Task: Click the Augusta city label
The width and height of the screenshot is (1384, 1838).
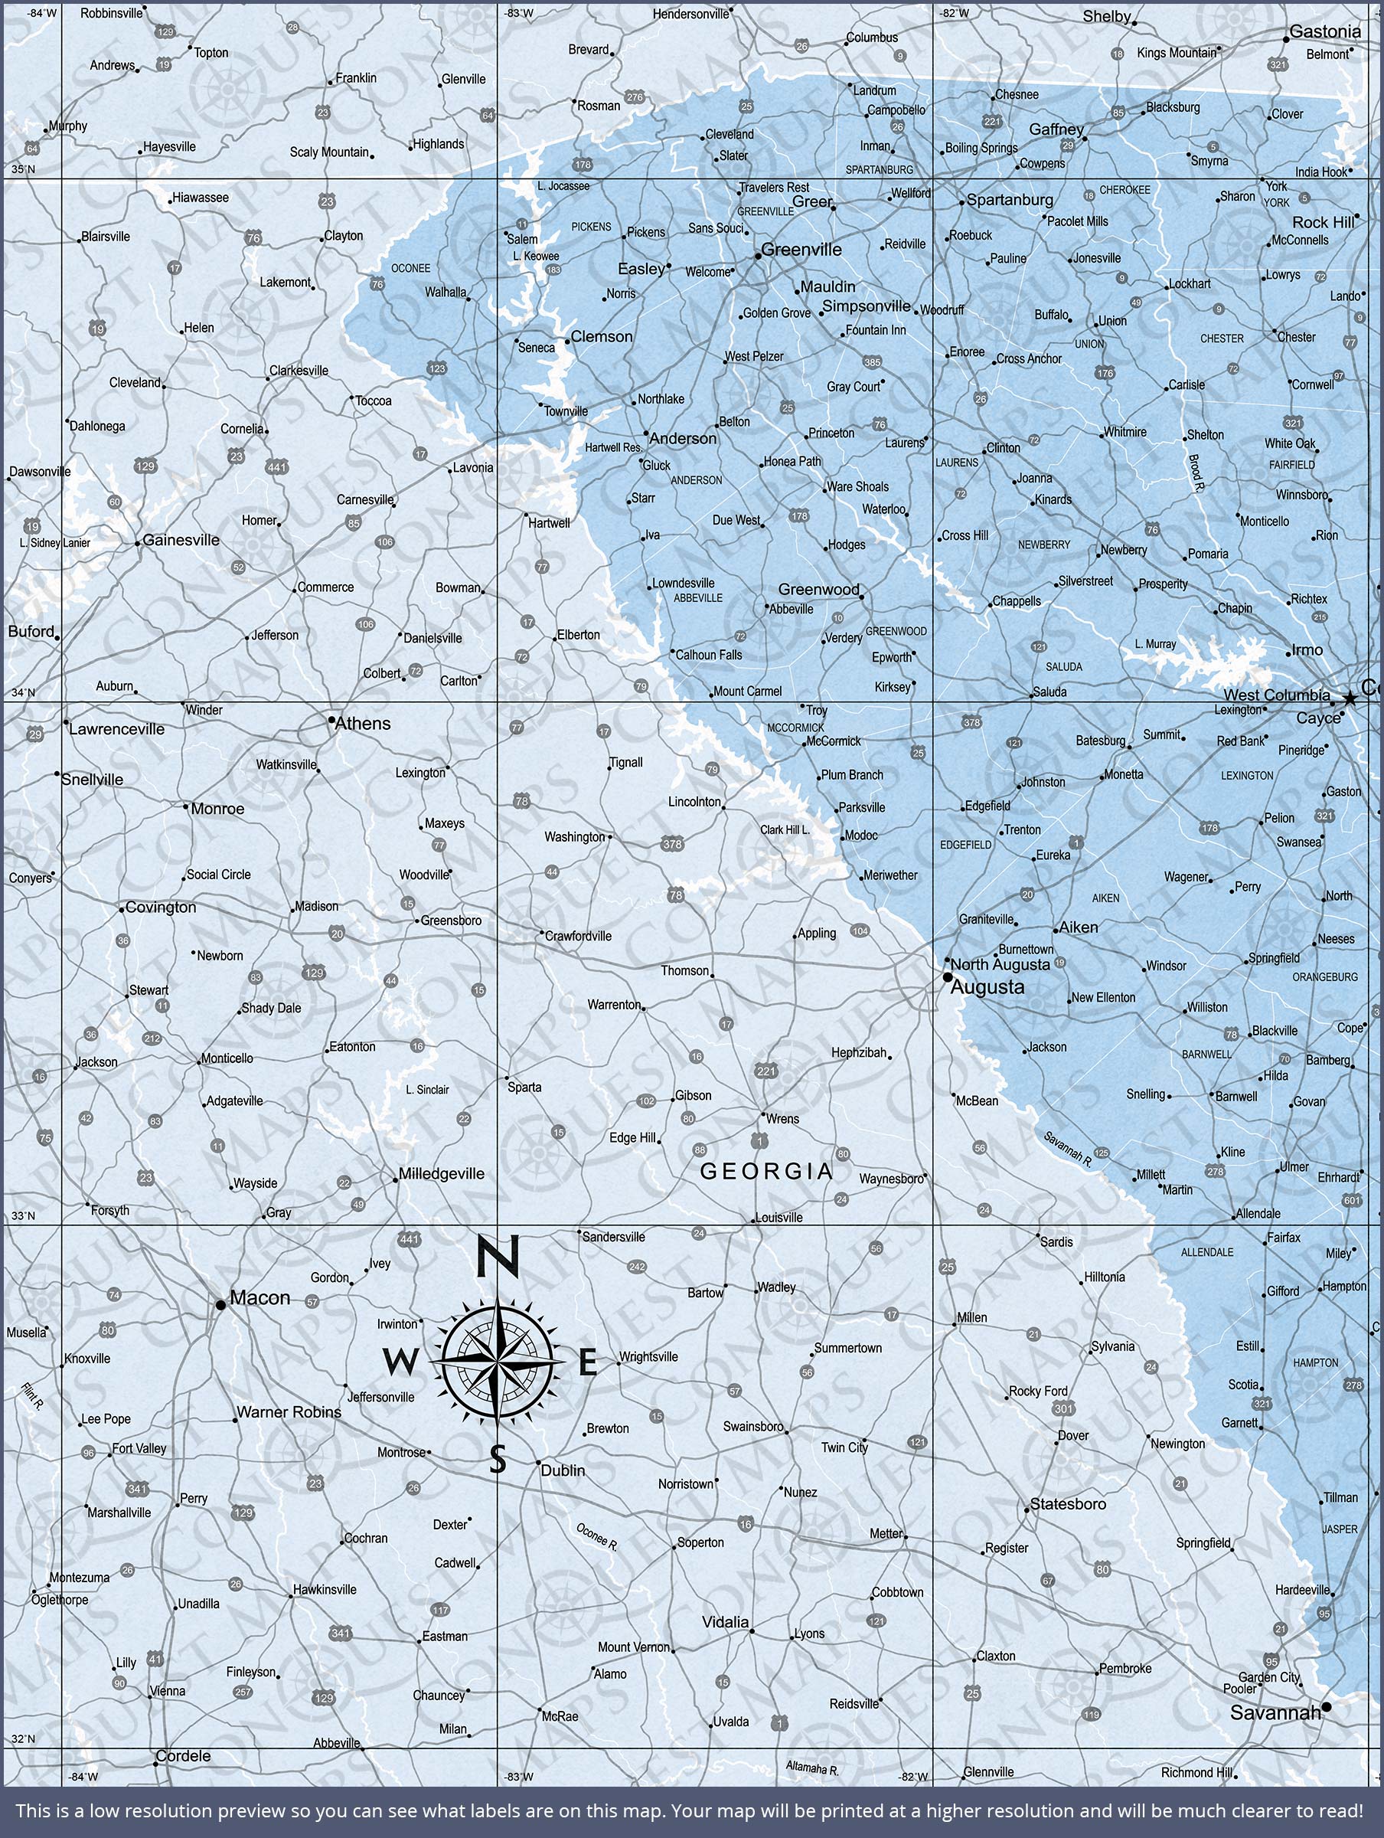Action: pyautogui.click(x=987, y=987)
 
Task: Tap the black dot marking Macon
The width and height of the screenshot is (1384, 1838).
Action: pyautogui.click(x=220, y=1306)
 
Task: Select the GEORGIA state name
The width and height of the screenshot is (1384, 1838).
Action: pyautogui.click(x=766, y=1172)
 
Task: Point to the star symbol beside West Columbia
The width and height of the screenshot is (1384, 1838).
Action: pyautogui.click(x=1349, y=698)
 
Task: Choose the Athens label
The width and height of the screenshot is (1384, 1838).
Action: pyautogui.click(x=362, y=724)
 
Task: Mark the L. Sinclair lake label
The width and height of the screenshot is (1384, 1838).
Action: pyautogui.click(x=427, y=1089)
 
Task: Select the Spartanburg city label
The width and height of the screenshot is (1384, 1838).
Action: pyautogui.click(x=1010, y=200)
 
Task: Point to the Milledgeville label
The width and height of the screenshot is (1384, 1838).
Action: pyautogui.click(x=441, y=1174)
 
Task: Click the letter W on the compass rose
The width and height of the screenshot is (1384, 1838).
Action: pyautogui.click(x=400, y=1362)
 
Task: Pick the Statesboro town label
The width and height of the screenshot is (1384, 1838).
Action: pyautogui.click(x=1068, y=1504)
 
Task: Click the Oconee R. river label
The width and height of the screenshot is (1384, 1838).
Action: pyautogui.click(x=597, y=1537)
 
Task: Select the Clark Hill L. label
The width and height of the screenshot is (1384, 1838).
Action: pyautogui.click(x=784, y=830)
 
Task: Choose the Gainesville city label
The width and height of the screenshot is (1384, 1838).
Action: pyautogui.click(x=181, y=540)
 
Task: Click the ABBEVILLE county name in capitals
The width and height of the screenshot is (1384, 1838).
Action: pyautogui.click(x=698, y=598)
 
